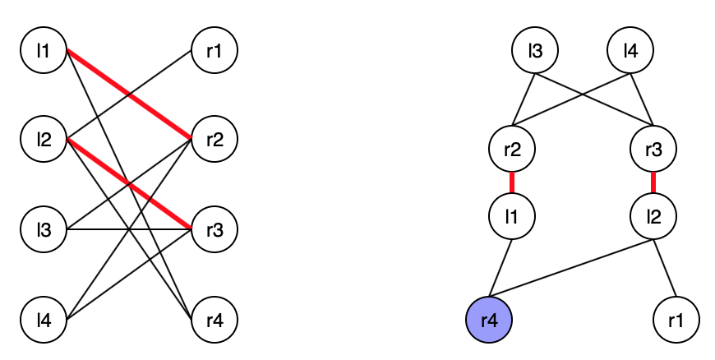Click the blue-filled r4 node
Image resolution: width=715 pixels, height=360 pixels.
pos(489,317)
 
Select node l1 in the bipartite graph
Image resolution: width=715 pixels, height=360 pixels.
pos(44,52)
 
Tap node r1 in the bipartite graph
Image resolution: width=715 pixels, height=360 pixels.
pos(214,52)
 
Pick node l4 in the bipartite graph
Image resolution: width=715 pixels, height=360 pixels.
pos(44,317)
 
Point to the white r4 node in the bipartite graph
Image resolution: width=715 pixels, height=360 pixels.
pos(214,317)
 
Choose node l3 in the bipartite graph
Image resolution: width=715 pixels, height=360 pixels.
pos(44,228)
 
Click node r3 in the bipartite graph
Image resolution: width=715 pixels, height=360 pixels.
pos(214,228)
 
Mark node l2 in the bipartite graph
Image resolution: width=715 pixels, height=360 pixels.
pos(44,140)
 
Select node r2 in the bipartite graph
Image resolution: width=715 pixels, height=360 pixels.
pos(214,140)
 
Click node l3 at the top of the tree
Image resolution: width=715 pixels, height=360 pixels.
pos(535,52)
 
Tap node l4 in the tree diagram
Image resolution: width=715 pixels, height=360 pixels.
pos(630,52)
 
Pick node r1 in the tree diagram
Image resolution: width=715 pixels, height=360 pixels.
pos(677,317)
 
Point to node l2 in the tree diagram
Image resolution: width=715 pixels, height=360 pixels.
pos(653,217)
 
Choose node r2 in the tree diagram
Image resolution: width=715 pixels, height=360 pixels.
pos(512,150)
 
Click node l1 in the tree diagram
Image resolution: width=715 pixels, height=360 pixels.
pos(512,217)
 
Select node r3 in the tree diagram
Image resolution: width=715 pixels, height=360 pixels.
pos(653,150)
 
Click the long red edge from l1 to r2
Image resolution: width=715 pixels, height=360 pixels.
pos(129,95)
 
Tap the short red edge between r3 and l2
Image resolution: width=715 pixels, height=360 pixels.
pos(653,183)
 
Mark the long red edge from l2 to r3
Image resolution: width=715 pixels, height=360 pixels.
pos(129,184)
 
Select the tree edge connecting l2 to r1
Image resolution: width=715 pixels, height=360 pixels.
pos(665,267)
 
